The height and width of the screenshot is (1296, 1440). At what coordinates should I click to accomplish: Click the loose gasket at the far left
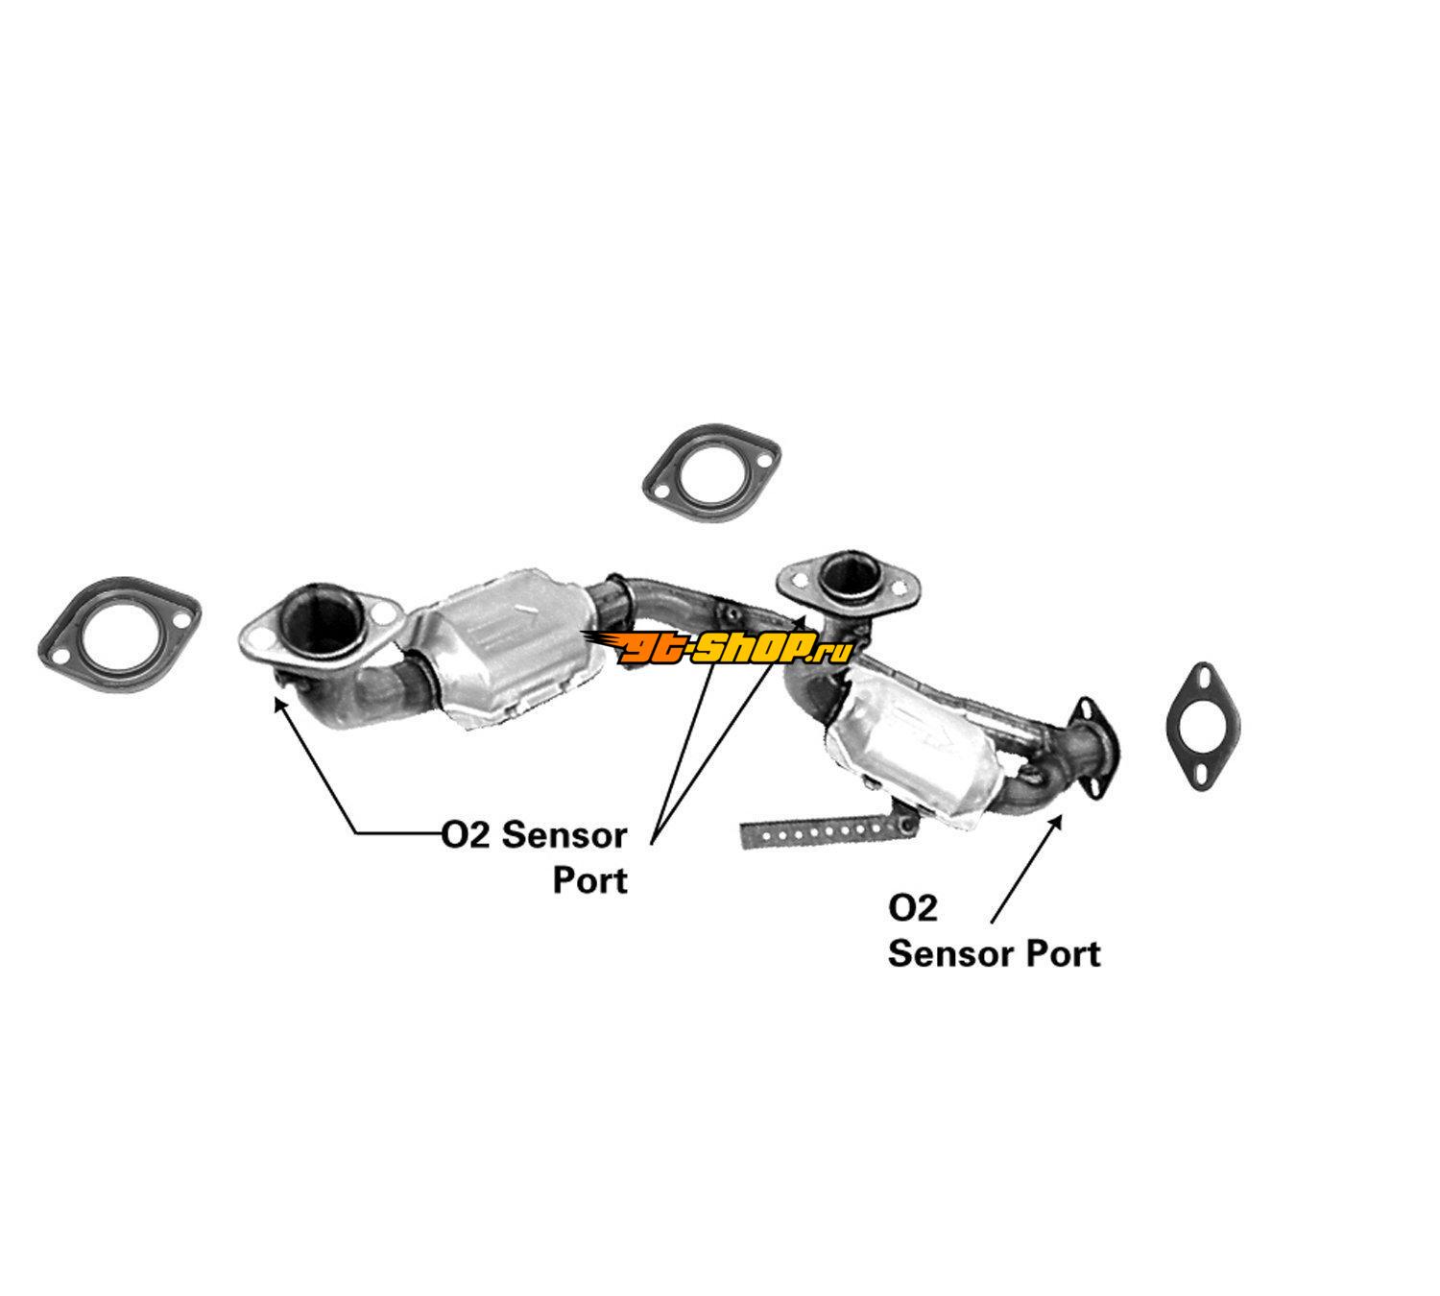119,633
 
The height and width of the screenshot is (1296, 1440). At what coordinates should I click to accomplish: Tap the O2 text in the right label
913,907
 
